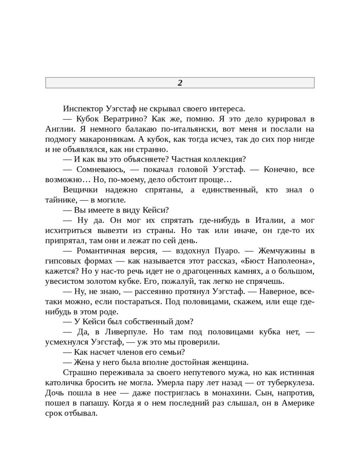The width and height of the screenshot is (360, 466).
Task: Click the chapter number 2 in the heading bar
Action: [180, 83]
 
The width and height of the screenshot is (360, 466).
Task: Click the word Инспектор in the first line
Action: [83, 109]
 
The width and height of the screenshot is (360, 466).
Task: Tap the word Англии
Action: [58, 129]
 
